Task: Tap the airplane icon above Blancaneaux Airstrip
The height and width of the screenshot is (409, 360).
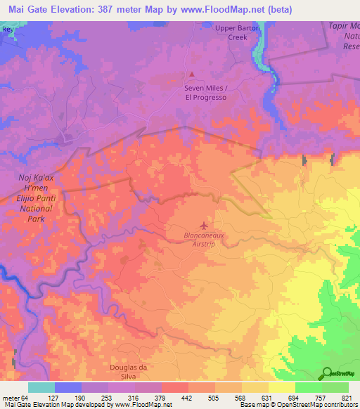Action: [x=205, y=226]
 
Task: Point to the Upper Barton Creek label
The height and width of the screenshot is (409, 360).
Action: [x=237, y=32]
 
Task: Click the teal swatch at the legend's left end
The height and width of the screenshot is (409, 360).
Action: [x=41, y=387]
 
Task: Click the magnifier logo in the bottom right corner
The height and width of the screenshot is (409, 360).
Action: [x=326, y=372]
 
